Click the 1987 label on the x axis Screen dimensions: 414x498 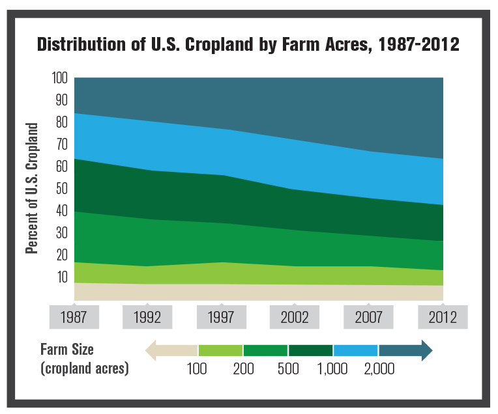75,318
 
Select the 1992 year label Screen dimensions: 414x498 148,318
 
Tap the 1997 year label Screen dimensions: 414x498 222,318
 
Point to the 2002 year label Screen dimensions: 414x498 295,318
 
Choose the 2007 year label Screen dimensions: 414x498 369,318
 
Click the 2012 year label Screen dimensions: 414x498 443,318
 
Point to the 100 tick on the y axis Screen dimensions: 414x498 59,79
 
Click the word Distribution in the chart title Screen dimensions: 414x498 78,45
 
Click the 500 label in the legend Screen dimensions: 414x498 288,369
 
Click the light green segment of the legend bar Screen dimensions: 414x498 220,351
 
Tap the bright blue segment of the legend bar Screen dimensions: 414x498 356,351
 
